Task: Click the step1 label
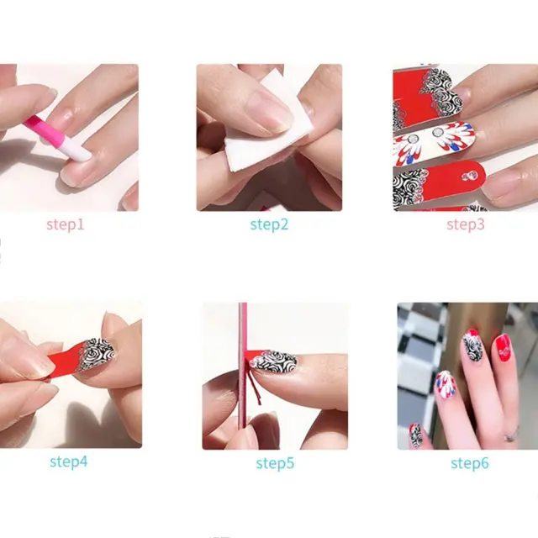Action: pos(66,224)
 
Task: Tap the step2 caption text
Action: pos(269,224)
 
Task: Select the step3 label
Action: pos(466,224)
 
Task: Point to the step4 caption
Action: pos(69,462)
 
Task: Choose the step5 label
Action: pos(275,463)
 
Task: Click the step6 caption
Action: pos(470,463)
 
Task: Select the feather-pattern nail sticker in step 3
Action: pos(434,141)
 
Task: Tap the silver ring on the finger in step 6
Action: pos(511,435)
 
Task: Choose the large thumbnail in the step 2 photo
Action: pos(269,112)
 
